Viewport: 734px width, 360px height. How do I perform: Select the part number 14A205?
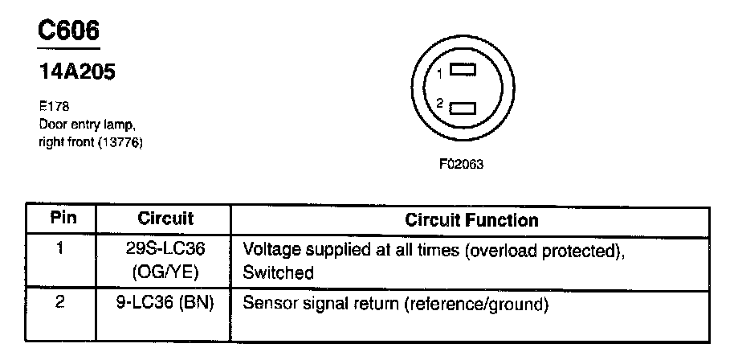coord(75,72)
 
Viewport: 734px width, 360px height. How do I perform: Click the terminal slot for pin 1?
coord(463,71)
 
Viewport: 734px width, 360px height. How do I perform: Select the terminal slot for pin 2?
coord(463,108)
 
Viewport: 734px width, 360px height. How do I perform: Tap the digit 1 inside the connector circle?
coord(440,73)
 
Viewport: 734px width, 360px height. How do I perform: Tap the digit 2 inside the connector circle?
coord(440,104)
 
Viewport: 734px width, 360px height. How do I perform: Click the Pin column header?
coord(61,219)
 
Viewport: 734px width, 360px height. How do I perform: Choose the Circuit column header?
coord(165,219)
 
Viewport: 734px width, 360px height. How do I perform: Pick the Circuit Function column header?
coord(471,219)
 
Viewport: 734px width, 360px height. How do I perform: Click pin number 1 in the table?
coord(61,248)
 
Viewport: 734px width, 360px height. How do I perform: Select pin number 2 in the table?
coord(61,305)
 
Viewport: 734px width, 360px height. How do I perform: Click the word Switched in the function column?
coord(278,272)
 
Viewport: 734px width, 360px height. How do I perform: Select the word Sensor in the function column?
coord(267,305)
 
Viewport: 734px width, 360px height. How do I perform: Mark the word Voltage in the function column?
coord(269,249)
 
